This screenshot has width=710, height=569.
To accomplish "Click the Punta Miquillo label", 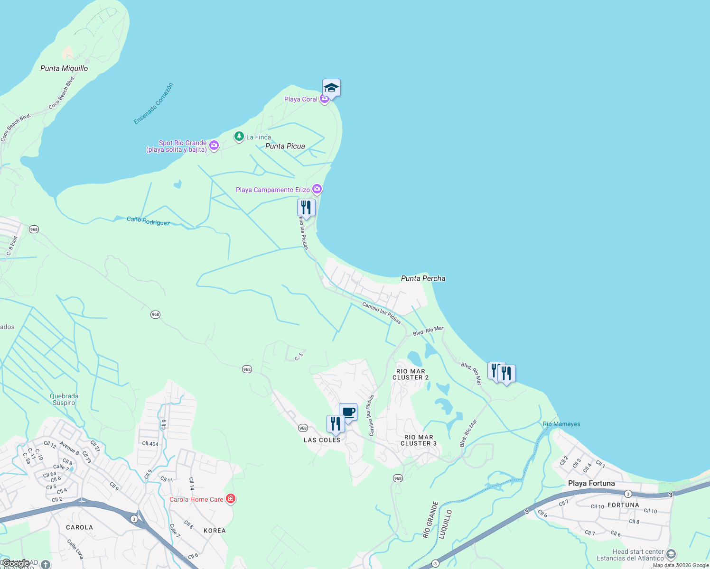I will [x=64, y=68].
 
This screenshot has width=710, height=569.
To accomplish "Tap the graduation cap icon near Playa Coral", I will [x=331, y=88].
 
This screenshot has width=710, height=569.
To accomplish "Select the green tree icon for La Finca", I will [x=239, y=137].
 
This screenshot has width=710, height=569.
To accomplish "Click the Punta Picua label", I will [x=285, y=146].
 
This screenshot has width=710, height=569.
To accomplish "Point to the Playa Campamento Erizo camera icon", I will [x=317, y=189].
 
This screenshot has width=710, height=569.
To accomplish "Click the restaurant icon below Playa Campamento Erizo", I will [x=306, y=208].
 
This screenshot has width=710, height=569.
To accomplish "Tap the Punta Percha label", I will [x=423, y=278].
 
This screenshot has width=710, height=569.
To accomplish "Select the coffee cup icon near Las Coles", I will [x=348, y=412].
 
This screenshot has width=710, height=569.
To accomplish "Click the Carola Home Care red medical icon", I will [x=231, y=499].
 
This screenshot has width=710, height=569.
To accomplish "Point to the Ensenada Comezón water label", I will [x=153, y=104].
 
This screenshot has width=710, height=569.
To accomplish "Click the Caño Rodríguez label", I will [x=148, y=221].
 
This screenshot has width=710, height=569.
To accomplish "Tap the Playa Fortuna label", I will [x=591, y=483].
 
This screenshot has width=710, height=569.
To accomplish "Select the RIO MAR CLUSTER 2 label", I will [x=411, y=375].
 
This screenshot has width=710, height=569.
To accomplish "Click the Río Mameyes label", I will [x=561, y=424].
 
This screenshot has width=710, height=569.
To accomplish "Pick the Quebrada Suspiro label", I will [x=64, y=399].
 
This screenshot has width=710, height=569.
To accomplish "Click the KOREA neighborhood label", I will [x=215, y=531].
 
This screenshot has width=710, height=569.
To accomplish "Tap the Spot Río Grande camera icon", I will [x=214, y=145].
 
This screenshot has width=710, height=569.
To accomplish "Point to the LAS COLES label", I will [x=322, y=440].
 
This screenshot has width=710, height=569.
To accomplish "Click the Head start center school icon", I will [x=671, y=554].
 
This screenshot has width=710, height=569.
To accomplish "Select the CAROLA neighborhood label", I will [x=79, y=527].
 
